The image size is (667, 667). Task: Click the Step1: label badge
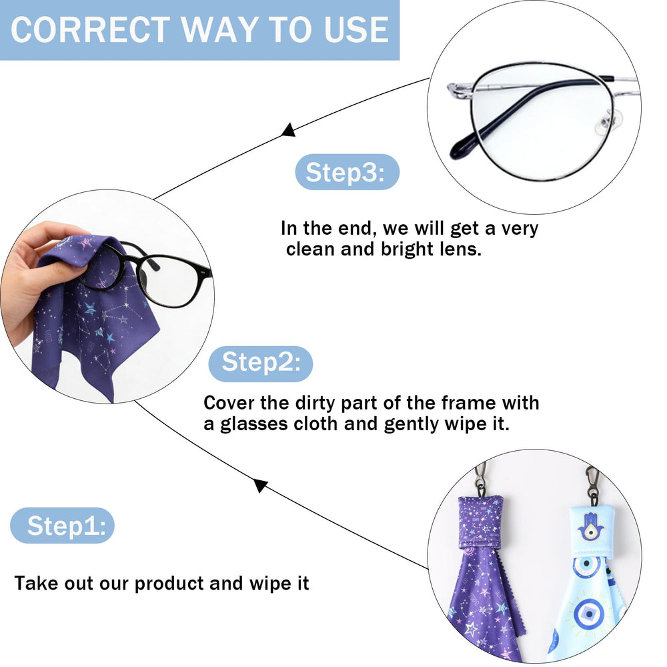(x=63, y=526)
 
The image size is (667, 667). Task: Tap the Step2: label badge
(x=261, y=364)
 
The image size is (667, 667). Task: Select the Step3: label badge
(x=347, y=172)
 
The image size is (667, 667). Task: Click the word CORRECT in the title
(x=90, y=29)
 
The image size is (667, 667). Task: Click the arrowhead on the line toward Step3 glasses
(x=288, y=130)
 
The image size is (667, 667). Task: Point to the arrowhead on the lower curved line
(x=260, y=486)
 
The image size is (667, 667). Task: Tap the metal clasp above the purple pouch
(x=480, y=480)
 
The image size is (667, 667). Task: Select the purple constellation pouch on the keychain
(x=480, y=523)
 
